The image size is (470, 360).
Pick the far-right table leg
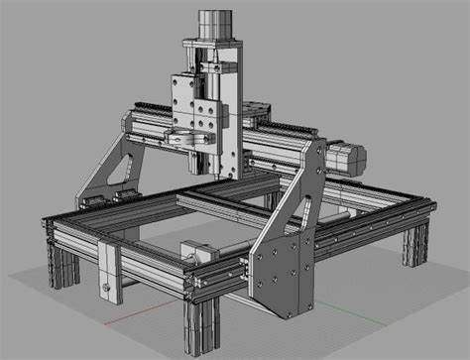pyautogui.click(x=414, y=243)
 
